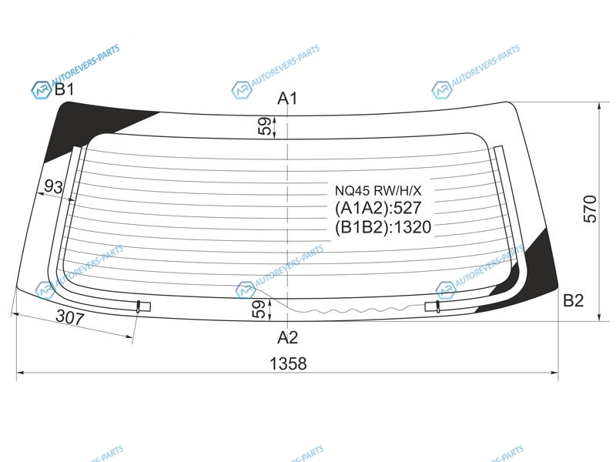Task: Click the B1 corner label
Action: pyautogui.click(x=64, y=89)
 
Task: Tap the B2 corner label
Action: pyautogui.click(x=573, y=300)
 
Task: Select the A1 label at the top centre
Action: pyautogui.click(x=287, y=99)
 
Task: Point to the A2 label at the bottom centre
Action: pyautogui.click(x=287, y=337)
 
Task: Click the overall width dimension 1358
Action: pyautogui.click(x=288, y=363)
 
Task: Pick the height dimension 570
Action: pyautogui.click(x=590, y=209)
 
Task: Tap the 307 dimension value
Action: pyautogui.click(x=70, y=316)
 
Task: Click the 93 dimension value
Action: pyautogui.click(x=53, y=186)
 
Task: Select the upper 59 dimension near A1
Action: pyautogui.click(x=265, y=126)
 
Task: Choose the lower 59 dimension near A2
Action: pyautogui.click(x=258, y=310)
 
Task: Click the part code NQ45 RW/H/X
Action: pyautogui.click(x=378, y=191)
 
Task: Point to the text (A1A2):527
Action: pyautogui.click(x=378, y=208)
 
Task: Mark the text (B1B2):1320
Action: pyautogui.click(x=383, y=227)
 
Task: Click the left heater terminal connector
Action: pyautogui.click(x=143, y=306)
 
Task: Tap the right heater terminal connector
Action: pyautogui.click(x=433, y=306)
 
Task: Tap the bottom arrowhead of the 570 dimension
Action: pyautogui.click(x=599, y=317)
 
